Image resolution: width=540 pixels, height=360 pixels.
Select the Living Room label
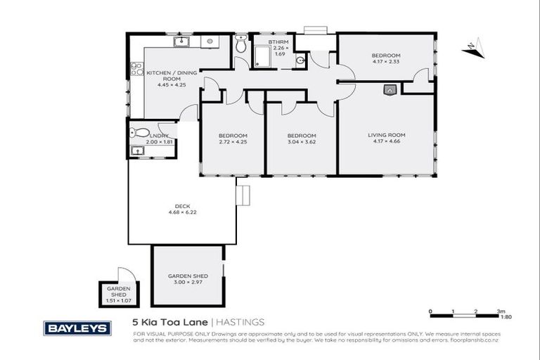click(387, 134)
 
